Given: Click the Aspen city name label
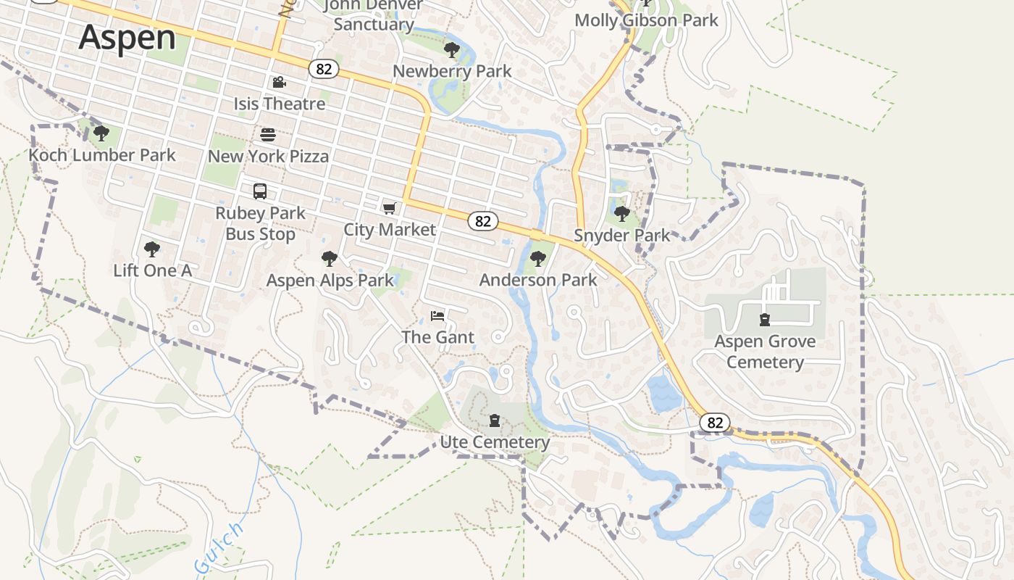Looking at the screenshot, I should pos(127,37).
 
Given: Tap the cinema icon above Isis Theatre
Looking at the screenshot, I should pos(279,83).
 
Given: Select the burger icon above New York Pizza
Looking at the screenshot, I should pos(268,135).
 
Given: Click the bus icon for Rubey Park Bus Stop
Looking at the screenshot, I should pos(260,191).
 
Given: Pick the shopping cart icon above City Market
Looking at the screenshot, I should pos(390,209).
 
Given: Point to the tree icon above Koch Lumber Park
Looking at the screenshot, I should pos(101,133).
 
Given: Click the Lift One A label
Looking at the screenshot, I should pos(152,270).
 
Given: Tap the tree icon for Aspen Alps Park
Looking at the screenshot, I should pos(330,259).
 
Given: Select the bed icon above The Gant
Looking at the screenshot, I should pos(437,316).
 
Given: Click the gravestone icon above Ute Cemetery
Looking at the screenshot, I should pos(495,420).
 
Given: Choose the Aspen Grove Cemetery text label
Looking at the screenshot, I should pos(765,352).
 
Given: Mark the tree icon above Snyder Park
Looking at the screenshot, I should pos(621,214).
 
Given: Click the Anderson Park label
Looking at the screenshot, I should pos(538,280).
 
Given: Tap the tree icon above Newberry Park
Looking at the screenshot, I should pos(452,50).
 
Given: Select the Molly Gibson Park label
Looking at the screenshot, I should pos(646,20).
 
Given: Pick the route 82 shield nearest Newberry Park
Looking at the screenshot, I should pos(324,69).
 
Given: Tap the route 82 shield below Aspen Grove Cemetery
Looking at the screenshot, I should pos(715,423).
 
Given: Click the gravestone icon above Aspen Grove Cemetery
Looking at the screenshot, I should pos(764,319).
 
